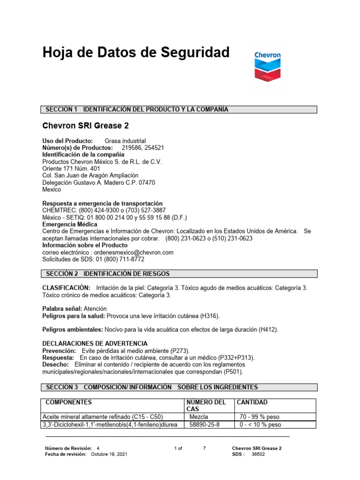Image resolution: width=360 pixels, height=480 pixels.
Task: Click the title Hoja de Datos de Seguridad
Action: coord(136,52)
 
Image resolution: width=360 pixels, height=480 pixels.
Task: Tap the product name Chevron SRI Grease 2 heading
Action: coord(85,126)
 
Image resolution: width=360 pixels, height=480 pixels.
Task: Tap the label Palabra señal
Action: coord(62,309)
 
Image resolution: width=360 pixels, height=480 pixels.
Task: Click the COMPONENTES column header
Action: coord(68,402)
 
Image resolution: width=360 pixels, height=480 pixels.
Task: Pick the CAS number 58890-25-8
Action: coord(204,425)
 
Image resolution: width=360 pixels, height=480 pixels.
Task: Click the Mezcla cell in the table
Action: coord(199,416)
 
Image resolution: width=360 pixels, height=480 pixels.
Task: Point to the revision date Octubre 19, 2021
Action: coord(108,454)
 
